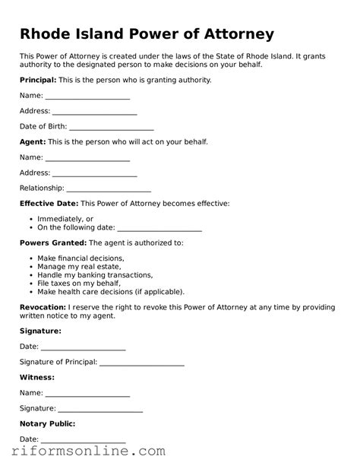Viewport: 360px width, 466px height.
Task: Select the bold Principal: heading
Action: (x=38, y=80)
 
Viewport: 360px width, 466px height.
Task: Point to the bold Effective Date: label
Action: (x=49, y=204)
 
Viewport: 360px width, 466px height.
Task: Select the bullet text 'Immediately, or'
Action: (x=65, y=219)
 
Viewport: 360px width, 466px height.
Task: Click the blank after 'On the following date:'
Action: (x=159, y=229)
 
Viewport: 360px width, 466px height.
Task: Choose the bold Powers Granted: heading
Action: (x=52, y=243)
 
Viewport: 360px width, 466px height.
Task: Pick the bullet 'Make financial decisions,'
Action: (x=81, y=258)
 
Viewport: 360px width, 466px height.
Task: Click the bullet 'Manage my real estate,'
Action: (x=79, y=267)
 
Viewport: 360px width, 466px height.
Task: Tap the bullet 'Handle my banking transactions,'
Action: (x=95, y=275)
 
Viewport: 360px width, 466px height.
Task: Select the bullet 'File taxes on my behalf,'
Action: (x=79, y=284)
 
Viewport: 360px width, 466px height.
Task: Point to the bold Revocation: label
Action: (x=43, y=307)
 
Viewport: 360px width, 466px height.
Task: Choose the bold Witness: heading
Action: (x=36, y=377)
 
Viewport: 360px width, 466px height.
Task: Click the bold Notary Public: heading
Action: (x=47, y=423)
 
